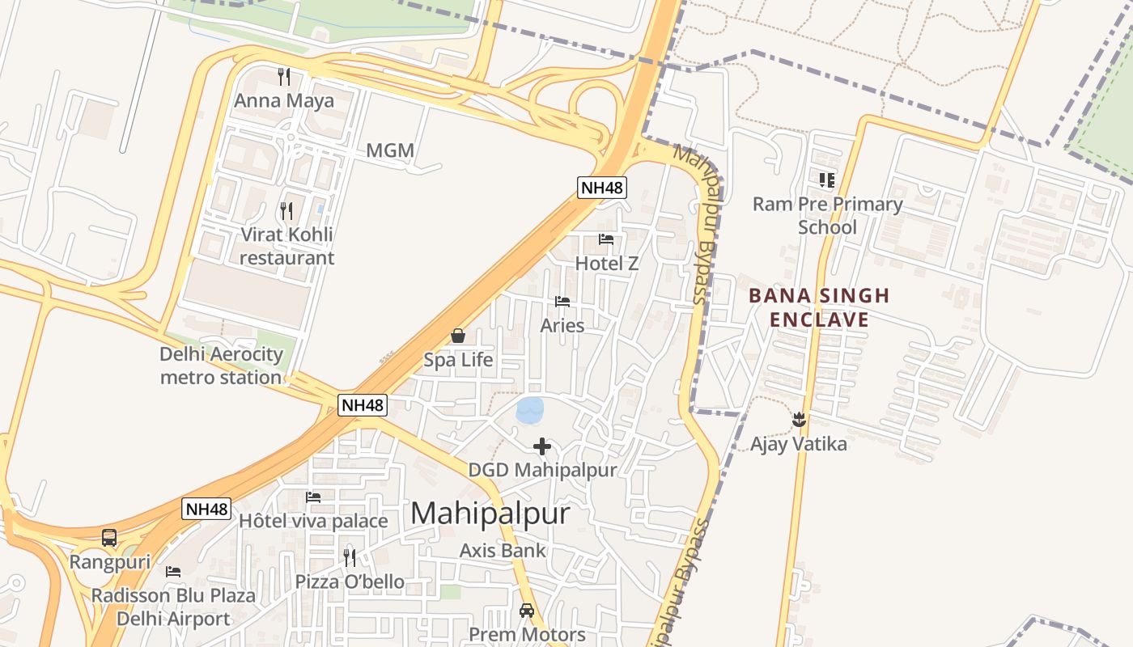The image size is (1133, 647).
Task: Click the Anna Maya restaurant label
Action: pos(284,101)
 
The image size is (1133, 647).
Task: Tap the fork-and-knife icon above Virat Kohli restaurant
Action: pos(286,211)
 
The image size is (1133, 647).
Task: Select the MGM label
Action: pos(390,150)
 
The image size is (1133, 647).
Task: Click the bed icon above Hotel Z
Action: pos(606,239)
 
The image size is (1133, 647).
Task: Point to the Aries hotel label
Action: pos(562,325)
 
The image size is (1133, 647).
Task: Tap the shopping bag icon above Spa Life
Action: pos(458,336)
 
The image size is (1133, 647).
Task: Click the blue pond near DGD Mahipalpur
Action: pos(530,410)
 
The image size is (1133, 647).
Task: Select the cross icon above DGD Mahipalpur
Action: pos(542,446)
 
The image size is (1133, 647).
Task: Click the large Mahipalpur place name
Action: pos(490,514)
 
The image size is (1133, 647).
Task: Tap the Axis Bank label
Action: pos(503,551)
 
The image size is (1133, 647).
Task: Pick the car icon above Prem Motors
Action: pos(527,611)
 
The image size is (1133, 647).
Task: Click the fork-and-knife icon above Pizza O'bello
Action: pos(350,557)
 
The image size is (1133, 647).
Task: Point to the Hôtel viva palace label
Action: pos(313,521)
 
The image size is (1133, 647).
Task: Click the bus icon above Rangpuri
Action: pos(109,538)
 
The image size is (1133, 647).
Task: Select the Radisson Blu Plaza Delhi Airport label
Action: pos(173,607)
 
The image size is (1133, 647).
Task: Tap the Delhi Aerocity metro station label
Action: pos(221,366)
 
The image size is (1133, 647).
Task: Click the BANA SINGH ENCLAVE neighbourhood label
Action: pos(819,307)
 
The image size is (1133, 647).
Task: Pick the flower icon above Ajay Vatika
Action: pos(799,419)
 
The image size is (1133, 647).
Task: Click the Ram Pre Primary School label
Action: pos(827,215)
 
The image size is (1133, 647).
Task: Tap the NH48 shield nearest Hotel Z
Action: pos(602,188)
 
